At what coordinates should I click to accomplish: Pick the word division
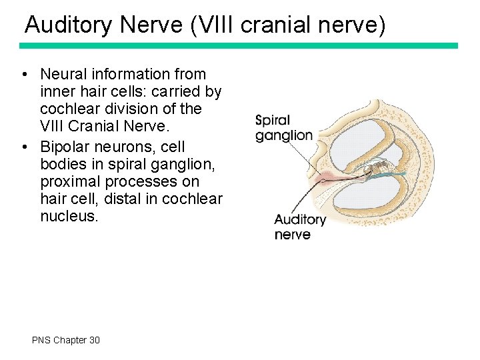click(137, 109)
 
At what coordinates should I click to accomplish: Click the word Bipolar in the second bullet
click(65, 147)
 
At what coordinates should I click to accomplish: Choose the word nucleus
click(69, 216)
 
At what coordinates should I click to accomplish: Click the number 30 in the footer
click(94, 340)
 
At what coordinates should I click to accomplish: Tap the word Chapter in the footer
click(70, 340)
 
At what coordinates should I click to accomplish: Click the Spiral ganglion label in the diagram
click(283, 128)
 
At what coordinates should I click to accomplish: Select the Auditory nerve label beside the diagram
click(299, 227)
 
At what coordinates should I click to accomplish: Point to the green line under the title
click(239, 45)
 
